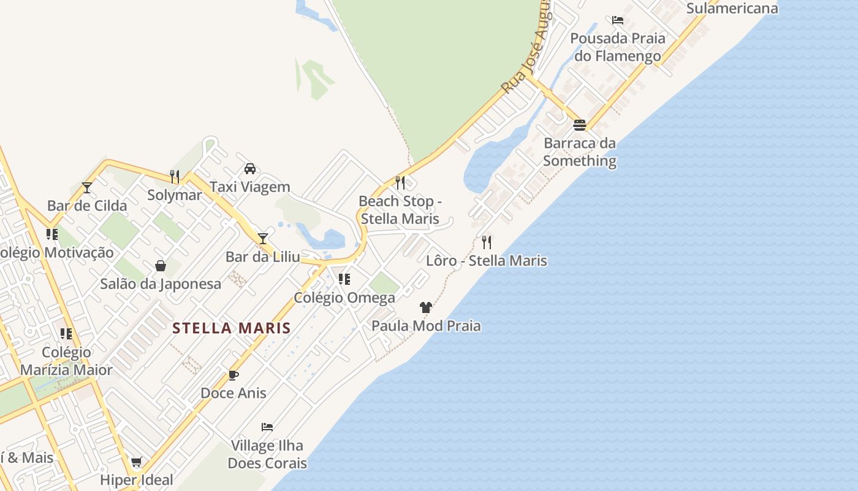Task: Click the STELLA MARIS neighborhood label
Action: [x=232, y=328]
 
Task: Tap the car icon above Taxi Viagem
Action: [x=250, y=168]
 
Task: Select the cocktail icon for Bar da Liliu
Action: [x=263, y=238]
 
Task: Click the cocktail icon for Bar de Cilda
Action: [x=87, y=187]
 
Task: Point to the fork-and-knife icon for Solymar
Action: [x=175, y=177]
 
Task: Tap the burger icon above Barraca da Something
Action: [x=580, y=125]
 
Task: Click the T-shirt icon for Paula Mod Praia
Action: [x=426, y=307]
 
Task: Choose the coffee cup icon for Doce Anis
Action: [x=233, y=375]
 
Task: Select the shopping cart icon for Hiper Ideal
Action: [x=137, y=462]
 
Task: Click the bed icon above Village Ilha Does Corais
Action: [x=267, y=427]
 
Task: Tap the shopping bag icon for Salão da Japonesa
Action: [x=161, y=266]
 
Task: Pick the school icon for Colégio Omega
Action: [x=344, y=279]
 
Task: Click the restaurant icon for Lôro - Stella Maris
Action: [x=487, y=242]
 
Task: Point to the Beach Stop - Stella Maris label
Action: [x=400, y=209]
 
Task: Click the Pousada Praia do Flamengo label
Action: [x=617, y=47]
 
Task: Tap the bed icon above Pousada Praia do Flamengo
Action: [x=618, y=20]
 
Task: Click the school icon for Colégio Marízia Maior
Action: [x=66, y=334]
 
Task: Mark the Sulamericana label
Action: [x=732, y=8]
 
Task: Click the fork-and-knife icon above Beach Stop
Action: [x=400, y=182]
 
